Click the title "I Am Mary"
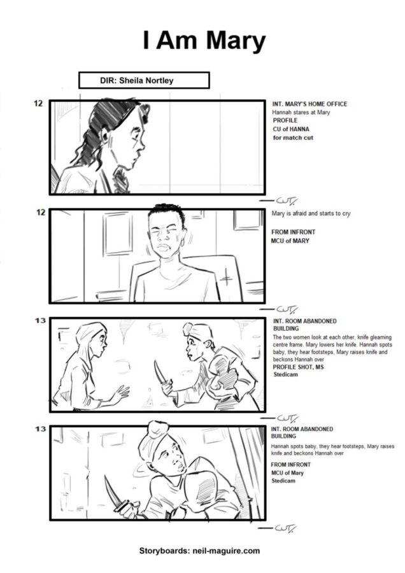[204, 41]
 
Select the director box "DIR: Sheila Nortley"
[144, 80]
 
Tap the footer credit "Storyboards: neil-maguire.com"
[199, 551]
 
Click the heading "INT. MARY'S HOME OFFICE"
[309, 104]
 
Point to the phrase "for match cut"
[293, 138]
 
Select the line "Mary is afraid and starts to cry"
[311, 213]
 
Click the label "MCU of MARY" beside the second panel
[290, 241]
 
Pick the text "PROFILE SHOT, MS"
[298, 367]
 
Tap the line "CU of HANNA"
[290, 129]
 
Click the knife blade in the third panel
[158, 372]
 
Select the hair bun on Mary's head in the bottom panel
[158, 428]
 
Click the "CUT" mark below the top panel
[278, 201]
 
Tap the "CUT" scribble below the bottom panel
[278, 528]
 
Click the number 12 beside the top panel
[38, 103]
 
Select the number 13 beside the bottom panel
[40, 428]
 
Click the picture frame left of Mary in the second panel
[117, 234]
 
